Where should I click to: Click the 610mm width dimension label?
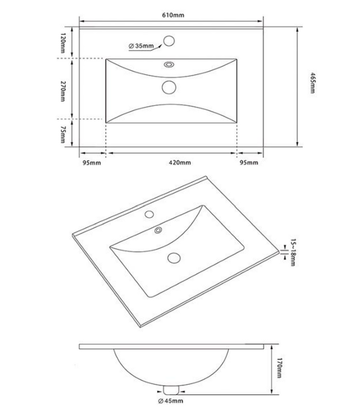173,15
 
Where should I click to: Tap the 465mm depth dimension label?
312,83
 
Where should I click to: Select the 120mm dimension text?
63,43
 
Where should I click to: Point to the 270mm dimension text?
63,91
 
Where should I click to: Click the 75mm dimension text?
63,135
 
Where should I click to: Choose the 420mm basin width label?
180,163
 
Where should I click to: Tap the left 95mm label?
92,163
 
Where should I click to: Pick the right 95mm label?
249,163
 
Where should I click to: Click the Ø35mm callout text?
141,46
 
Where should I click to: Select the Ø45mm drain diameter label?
171,401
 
